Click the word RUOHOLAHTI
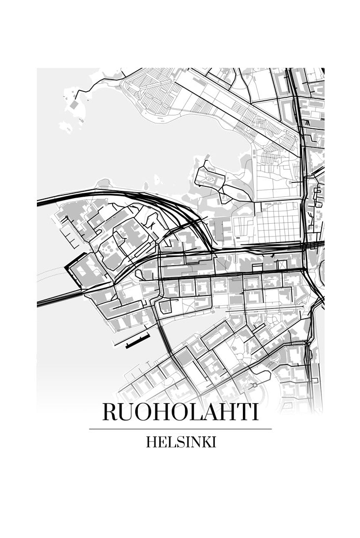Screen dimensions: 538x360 click(x=180, y=412)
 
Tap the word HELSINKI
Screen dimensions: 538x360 click(x=180, y=442)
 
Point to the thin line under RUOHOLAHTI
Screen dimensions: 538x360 click(x=180, y=429)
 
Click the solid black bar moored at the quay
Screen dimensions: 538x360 click(x=137, y=341)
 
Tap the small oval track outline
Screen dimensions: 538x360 click(x=210, y=180)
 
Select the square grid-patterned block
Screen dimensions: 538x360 click(x=278, y=222)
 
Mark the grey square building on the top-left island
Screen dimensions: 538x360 click(x=73, y=105)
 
